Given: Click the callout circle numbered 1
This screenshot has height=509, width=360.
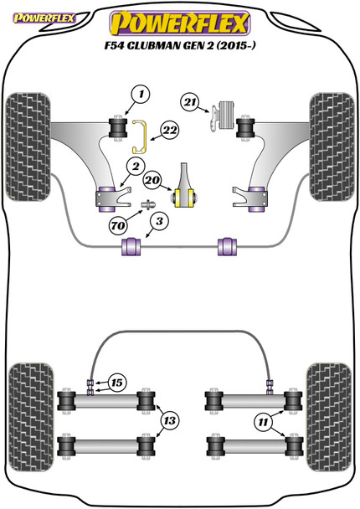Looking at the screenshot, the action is coord(141,95).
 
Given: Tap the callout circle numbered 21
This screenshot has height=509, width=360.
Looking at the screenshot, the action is coord(190,102).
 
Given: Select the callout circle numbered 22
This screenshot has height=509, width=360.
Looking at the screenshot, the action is coord(170,130).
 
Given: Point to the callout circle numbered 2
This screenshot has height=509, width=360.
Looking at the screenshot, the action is coord(136,167).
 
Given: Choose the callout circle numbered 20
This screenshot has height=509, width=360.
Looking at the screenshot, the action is coord(152,180).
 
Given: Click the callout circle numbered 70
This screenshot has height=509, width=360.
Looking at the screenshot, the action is coord(118,225).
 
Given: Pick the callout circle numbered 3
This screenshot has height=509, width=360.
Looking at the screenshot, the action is coord(159,221).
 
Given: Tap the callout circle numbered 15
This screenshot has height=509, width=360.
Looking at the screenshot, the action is coord(117,383).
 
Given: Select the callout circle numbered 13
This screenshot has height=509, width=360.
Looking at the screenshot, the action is coord(169,421).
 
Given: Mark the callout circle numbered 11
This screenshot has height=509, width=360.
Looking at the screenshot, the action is coord(262,422).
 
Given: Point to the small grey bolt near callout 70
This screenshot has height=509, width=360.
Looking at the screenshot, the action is coord(148,205).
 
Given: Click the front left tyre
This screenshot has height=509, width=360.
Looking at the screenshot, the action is coord(28,147).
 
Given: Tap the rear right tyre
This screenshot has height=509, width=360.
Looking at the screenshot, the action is coord(329,418).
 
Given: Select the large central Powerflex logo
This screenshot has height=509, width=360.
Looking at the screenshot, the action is coord(180,23).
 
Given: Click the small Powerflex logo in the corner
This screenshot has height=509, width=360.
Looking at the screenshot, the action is coord(44,18).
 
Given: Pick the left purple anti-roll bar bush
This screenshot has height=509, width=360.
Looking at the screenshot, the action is coord(131,247).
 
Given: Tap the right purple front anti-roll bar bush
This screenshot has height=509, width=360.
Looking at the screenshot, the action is coord(227,247).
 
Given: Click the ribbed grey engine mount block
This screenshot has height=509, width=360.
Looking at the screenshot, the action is coord(227,116).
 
